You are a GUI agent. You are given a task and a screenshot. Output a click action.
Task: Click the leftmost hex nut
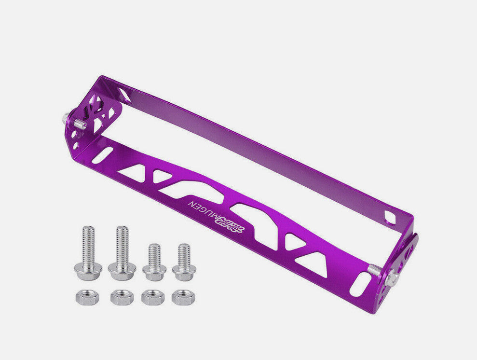click(87, 297)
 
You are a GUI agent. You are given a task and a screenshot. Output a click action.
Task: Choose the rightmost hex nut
click(183, 297)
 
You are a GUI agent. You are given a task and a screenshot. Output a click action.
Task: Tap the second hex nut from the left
click(122, 297)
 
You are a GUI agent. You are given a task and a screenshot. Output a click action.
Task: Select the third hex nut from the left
click(153, 297)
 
